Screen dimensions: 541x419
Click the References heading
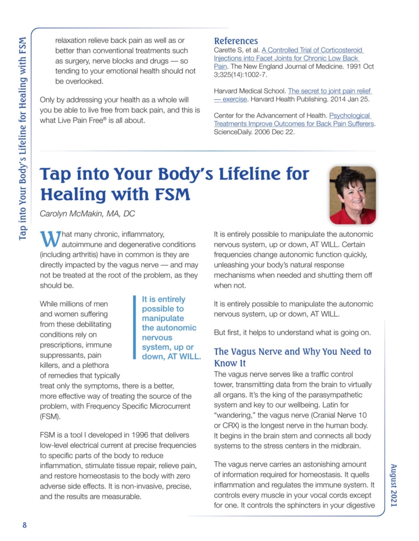(235, 41)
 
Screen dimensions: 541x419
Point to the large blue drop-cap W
(49, 238)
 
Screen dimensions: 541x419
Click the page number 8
(24, 525)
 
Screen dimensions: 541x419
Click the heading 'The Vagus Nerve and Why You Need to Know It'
(292, 357)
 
